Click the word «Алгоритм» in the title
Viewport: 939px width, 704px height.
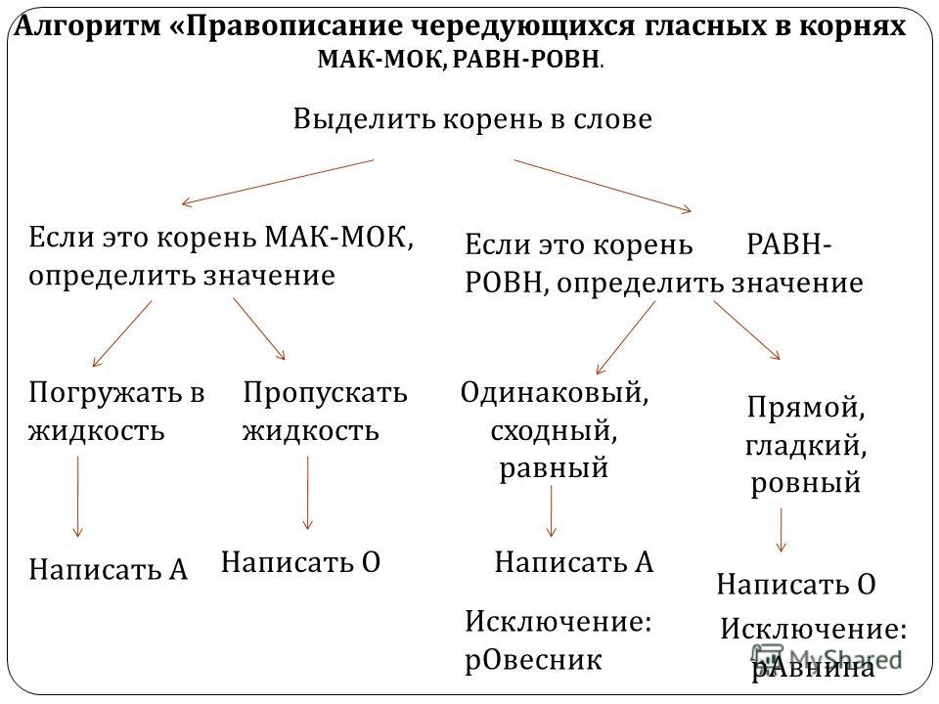pyautogui.click(x=87, y=25)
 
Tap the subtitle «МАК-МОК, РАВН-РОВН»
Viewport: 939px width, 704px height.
pyautogui.click(x=460, y=60)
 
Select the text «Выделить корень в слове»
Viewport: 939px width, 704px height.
pyautogui.click(x=472, y=119)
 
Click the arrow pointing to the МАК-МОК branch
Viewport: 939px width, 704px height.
pyautogui.click(x=278, y=183)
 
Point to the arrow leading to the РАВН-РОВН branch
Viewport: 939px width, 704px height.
pyautogui.click(x=603, y=186)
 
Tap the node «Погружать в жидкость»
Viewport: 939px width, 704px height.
pyautogui.click(x=116, y=412)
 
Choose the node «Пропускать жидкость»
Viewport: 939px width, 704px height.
pyautogui.click(x=325, y=412)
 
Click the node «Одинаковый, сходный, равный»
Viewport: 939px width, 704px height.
pyautogui.click(x=555, y=430)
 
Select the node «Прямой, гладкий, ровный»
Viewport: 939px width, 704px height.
pyautogui.click(x=805, y=445)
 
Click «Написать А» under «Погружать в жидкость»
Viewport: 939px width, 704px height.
pyautogui.click(x=109, y=569)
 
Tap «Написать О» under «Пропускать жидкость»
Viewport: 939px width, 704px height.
pyautogui.click(x=300, y=562)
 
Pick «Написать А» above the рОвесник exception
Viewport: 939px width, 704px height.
pyautogui.click(x=574, y=562)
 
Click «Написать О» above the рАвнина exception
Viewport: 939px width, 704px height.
pyautogui.click(x=796, y=585)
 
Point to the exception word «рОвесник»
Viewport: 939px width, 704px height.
pyautogui.click(x=533, y=660)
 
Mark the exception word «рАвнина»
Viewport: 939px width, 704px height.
pyautogui.click(x=813, y=667)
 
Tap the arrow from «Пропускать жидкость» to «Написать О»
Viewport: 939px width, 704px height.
pyautogui.click(x=308, y=493)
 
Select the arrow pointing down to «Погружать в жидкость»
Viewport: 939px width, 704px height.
pyautogui.click(x=122, y=333)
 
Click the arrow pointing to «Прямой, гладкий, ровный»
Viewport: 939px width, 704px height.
pyautogui.click(x=746, y=330)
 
